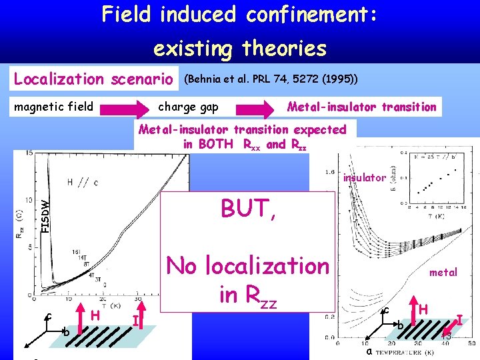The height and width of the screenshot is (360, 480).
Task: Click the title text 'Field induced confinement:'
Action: click(240, 15)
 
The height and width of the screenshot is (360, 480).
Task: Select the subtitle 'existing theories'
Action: click(240, 48)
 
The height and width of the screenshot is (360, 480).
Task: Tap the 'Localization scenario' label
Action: click(93, 79)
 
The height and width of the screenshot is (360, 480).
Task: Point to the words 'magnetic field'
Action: click(54, 106)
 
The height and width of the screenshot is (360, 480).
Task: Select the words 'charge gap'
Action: click(188, 106)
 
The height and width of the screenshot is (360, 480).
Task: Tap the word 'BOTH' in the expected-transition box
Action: click(215, 144)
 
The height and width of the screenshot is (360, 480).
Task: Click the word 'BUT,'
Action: click(247, 211)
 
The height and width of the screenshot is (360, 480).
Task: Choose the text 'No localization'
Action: click(247, 265)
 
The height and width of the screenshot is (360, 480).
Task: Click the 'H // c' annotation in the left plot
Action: click(83, 181)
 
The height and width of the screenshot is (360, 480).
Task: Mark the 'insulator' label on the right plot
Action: click(364, 177)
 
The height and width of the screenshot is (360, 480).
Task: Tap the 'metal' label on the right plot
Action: click(443, 272)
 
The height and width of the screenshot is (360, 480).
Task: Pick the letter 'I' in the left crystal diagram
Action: click(136, 321)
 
